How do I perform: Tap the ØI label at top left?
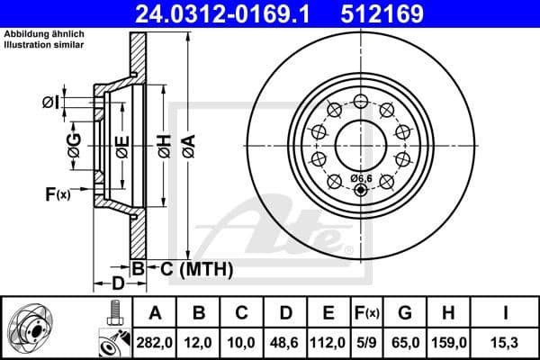click(50, 103)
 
